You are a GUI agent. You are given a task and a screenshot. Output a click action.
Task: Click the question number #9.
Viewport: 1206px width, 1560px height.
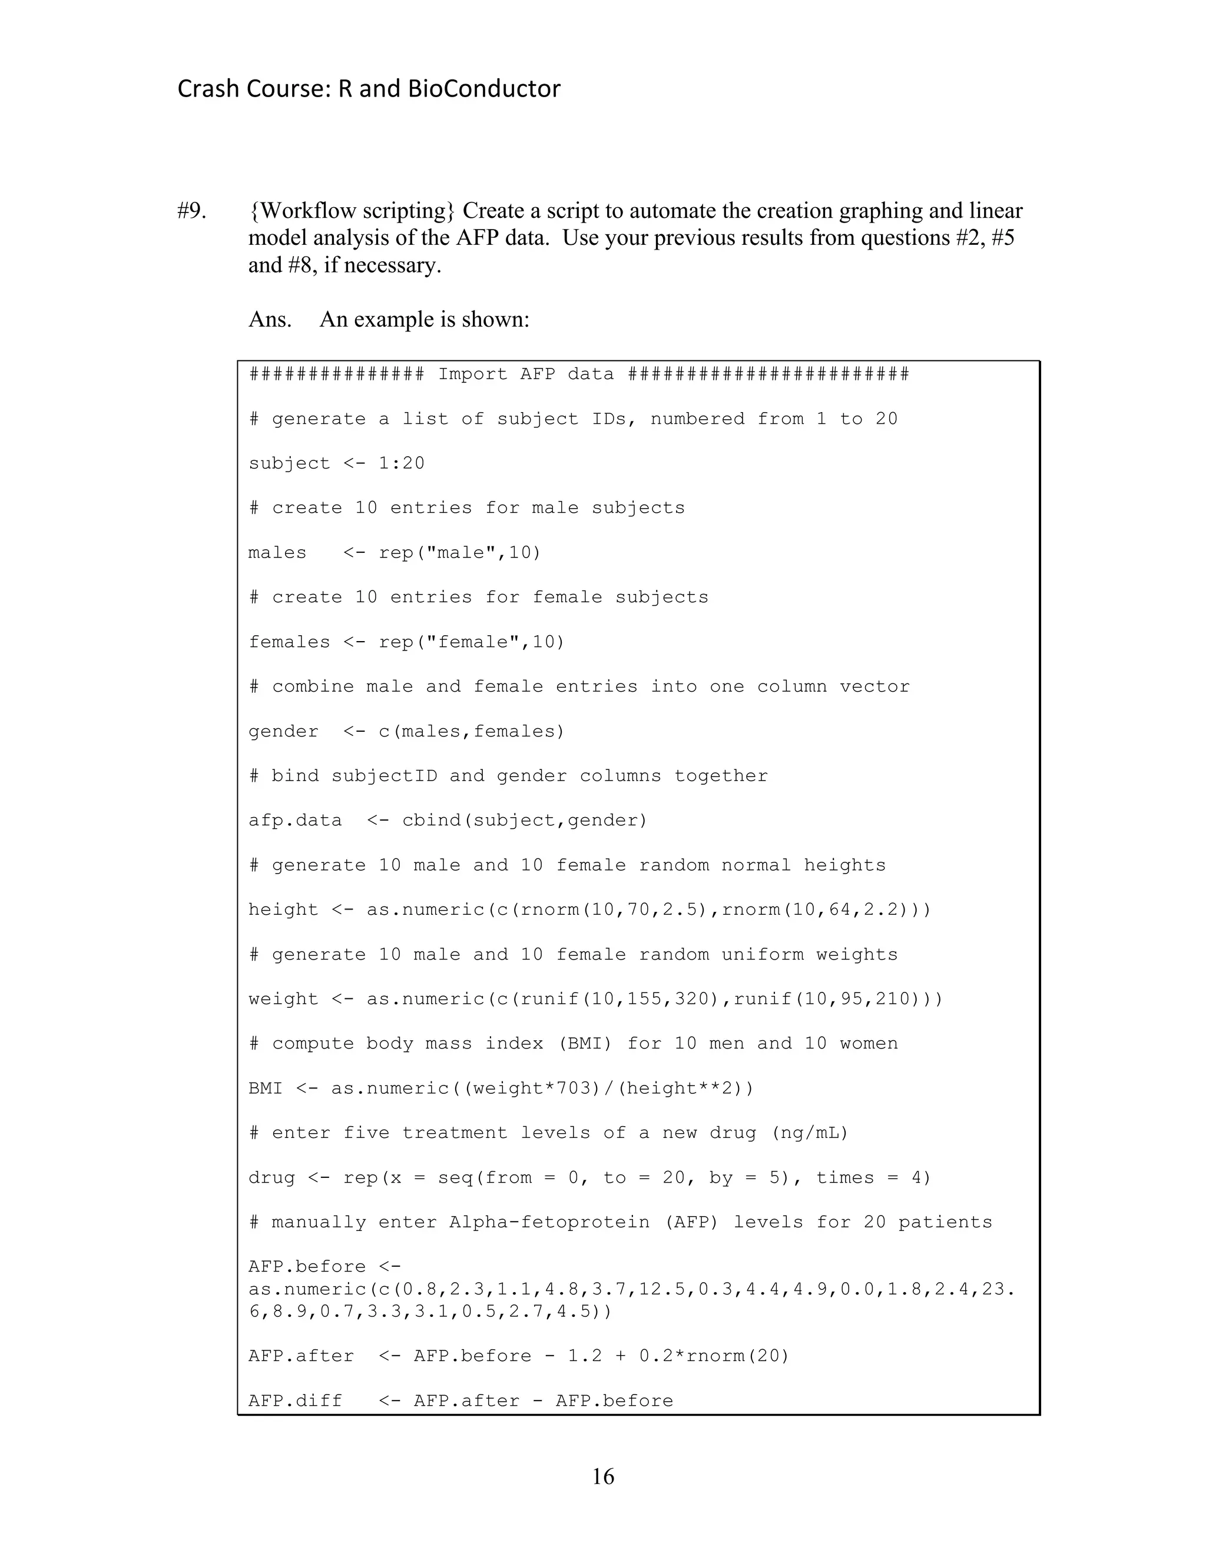point(191,211)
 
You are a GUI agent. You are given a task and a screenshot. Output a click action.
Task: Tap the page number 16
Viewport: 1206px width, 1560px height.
point(602,1476)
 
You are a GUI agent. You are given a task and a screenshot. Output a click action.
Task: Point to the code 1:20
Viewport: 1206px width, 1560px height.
point(402,463)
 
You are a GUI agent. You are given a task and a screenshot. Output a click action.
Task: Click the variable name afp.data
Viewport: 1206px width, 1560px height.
point(295,821)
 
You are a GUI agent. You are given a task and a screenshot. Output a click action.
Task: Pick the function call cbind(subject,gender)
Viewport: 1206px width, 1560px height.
point(525,821)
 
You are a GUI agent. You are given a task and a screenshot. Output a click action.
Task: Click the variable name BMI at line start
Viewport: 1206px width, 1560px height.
point(265,1088)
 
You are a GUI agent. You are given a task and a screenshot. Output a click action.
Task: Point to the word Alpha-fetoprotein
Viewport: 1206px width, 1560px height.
point(549,1222)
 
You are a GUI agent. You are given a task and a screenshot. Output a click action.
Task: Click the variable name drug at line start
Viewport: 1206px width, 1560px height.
point(271,1178)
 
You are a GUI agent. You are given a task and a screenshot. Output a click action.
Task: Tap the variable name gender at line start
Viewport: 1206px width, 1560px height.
point(283,731)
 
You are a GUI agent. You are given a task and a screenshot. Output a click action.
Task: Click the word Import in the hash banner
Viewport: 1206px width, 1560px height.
point(472,374)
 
